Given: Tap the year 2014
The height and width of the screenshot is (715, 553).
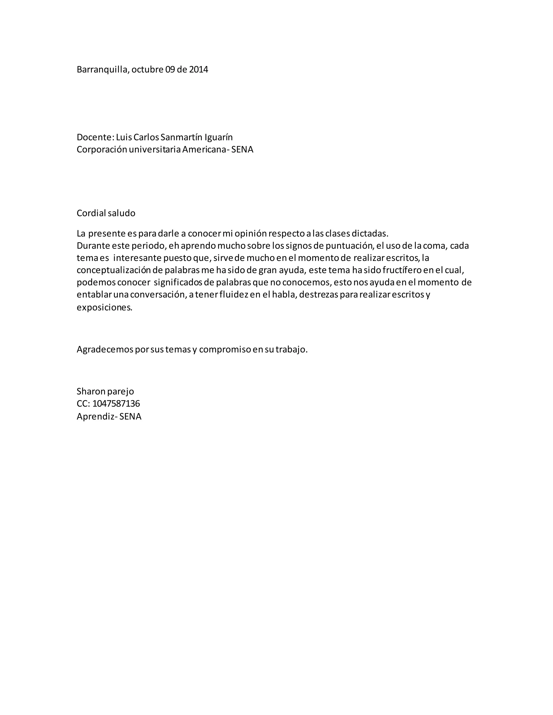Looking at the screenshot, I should tap(198, 69).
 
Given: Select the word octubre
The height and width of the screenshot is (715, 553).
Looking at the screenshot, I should tap(147, 69).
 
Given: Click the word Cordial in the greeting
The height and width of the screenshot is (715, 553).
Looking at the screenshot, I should tap(91, 213).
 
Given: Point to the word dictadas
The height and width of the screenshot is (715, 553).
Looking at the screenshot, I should tap(370, 233).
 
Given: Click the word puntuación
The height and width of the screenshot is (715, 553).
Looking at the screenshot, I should tap(350, 246).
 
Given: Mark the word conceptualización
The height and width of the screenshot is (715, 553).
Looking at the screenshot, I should tap(113, 270).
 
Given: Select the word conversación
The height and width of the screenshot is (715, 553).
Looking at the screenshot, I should tap(158, 295).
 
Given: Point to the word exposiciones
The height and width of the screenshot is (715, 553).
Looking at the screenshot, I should tap(104, 307).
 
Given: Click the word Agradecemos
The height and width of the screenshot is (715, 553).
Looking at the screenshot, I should tap(104, 349).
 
